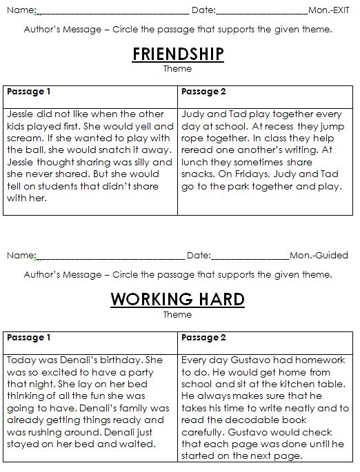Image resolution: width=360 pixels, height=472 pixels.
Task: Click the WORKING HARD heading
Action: pyautogui.click(x=177, y=299)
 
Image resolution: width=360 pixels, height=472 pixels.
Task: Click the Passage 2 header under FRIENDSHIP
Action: pyautogui.click(x=203, y=92)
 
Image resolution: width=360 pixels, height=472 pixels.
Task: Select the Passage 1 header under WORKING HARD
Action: pyautogui.click(x=30, y=338)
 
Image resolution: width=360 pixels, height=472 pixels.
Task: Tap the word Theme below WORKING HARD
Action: pyautogui.click(x=177, y=315)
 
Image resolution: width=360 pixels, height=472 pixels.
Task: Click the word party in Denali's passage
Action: pyautogui.click(x=147, y=372)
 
